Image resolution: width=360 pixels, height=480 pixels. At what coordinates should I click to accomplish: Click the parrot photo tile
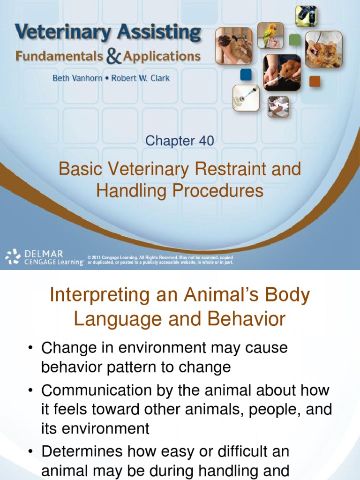[x=270, y=35]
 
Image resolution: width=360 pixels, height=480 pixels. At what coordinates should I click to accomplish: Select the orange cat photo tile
[x=323, y=50]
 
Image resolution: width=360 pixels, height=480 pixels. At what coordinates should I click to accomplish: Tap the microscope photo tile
[x=306, y=16]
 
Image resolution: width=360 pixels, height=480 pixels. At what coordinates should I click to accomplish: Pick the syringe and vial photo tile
[x=246, y=97]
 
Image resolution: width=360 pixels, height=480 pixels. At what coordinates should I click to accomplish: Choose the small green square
[x=294, y=40]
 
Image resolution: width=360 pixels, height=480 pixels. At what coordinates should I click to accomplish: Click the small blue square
[x=246, y=75]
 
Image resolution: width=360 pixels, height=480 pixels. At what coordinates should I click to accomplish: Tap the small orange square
[x=315, y=81]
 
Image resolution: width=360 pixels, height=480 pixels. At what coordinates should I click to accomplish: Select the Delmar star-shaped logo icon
[x=13, y=257]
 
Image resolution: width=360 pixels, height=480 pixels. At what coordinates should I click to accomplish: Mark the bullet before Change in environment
[x=30, y=349]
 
